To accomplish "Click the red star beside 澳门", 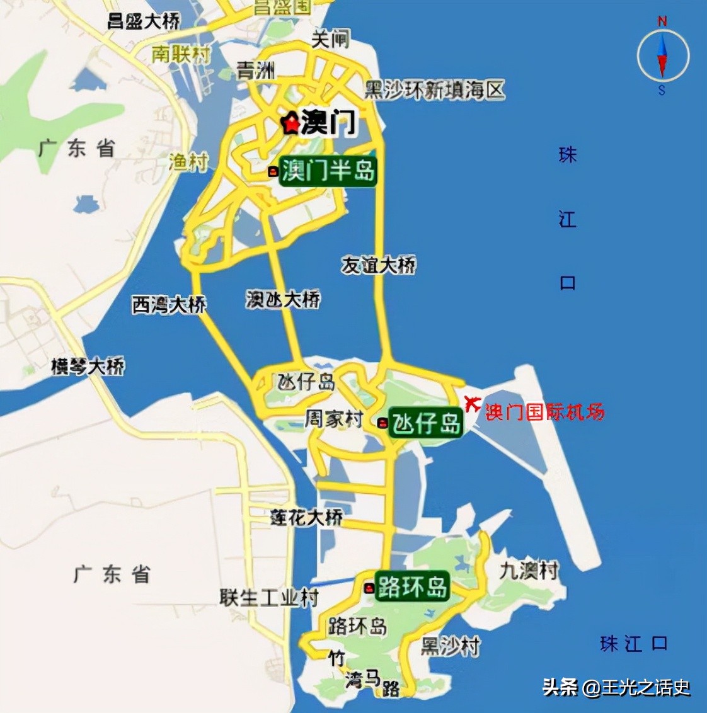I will [x=290, y=123].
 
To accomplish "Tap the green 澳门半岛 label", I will [x=327, y=171].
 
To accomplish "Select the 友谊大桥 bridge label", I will [x=379, y=265].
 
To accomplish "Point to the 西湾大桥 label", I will [x=169, y=305].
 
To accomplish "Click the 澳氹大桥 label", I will [x=283, y=299].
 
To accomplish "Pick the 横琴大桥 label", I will [x=88, y=367].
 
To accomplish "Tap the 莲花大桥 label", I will [x=307, y=517].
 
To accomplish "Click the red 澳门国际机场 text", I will [x=544, y=412].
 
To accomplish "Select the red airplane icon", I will [x=471, y=402].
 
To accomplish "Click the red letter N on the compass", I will [x=662, y=21].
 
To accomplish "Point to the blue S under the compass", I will [x=662, y=91].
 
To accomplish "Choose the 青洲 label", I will [x=256, y=70].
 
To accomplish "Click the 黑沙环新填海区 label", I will [x=435, y=90].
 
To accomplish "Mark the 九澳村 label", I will [x=529, y=571].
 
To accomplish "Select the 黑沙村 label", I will [x=450, y=646].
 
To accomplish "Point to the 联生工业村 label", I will [x=269, y=597].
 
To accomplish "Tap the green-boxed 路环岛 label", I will [x=412, y=586].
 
